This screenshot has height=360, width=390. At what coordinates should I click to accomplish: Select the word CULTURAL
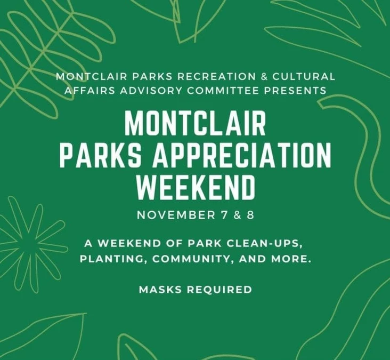pyautogui.click(x=304, y=77)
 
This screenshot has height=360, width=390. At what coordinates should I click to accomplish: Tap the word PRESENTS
pyautogui.click(x=295, y=91)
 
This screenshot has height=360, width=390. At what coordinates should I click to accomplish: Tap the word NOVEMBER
pyautogui.click(x=176, y=215)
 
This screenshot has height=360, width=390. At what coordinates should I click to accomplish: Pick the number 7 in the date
pyautogui.click(x=224, y=215)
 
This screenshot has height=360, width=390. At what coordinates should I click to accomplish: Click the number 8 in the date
pyautogui.click(x=250, y=215)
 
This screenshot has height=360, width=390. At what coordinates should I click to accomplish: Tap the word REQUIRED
pyautogui.click(x=220, y=290)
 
